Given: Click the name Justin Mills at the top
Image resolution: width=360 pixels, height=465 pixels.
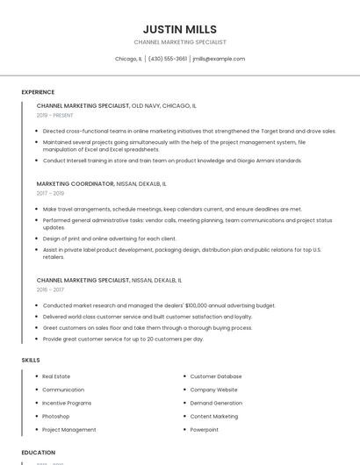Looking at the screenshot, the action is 179,29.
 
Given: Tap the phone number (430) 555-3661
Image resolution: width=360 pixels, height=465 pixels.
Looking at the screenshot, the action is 168,59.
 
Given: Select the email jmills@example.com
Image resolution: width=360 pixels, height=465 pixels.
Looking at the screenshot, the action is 219,59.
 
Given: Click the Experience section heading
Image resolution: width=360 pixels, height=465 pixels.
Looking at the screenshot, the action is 38,92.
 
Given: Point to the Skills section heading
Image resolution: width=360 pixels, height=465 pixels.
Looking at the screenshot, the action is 31,360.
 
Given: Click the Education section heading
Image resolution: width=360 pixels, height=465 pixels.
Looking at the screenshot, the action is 39,453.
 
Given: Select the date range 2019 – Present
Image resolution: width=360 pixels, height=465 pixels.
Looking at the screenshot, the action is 54,115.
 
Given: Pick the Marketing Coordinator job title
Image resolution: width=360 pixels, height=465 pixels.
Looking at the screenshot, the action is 76,184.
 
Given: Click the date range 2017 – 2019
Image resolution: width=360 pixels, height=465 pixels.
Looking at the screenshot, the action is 50,193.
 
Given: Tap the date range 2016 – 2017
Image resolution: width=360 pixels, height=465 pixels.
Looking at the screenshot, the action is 50,290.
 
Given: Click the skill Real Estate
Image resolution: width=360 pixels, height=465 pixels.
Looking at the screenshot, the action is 56,376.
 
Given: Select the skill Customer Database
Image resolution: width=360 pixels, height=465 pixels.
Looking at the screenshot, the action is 216,376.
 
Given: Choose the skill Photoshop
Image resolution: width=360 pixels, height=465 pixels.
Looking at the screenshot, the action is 55,416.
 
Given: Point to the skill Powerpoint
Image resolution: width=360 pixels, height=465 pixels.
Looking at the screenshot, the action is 204,430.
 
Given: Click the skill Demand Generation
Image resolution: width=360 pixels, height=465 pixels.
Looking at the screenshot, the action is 216,403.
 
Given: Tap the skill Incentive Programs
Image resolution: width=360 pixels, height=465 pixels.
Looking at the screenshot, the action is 67,403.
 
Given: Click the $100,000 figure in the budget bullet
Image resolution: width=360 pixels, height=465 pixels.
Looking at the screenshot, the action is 191,305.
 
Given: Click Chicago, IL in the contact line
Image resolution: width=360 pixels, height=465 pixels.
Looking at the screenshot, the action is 128,59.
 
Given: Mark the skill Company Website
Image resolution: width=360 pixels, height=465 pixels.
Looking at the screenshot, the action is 214,390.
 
